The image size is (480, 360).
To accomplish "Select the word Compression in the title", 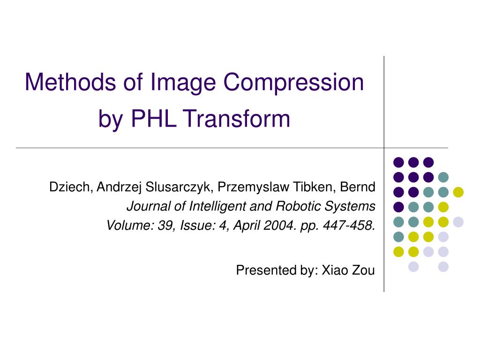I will point(294,82).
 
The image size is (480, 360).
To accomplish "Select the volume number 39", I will point(164,225).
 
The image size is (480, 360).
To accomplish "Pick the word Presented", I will point(258,270).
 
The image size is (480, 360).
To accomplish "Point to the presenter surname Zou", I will point(364,270).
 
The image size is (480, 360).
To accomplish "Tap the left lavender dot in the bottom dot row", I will point(413,267).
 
